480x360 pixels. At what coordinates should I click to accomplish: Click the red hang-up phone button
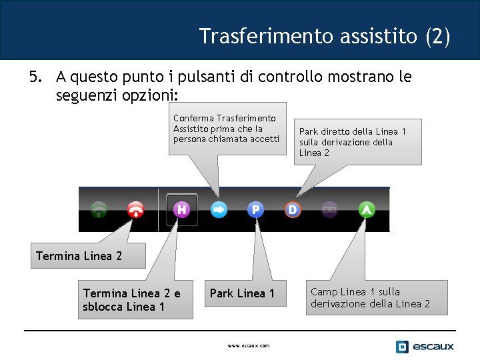[136, 210]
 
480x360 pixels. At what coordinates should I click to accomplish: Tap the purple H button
[182, 210]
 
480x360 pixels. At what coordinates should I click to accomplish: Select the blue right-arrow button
[219, 210]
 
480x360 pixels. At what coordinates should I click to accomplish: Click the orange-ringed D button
[292, 210]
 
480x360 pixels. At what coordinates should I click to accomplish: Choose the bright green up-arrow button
[367, 210]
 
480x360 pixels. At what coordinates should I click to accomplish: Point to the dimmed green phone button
[99, 210]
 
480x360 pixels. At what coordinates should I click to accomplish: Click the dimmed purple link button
[329, 210]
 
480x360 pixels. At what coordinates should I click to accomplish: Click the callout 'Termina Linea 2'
[79, 256]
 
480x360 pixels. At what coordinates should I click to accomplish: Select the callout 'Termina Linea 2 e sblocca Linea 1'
[135, 300]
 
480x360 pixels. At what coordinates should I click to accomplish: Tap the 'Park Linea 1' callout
[242, 293]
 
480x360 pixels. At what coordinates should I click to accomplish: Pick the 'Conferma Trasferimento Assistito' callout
[227, 129]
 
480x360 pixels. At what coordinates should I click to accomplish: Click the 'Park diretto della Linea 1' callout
[357, 142]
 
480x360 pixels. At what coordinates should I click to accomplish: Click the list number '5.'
[36, 77]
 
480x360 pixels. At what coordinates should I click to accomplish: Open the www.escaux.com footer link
[249, 346]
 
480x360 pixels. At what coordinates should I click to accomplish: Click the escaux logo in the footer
[425, 346]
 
